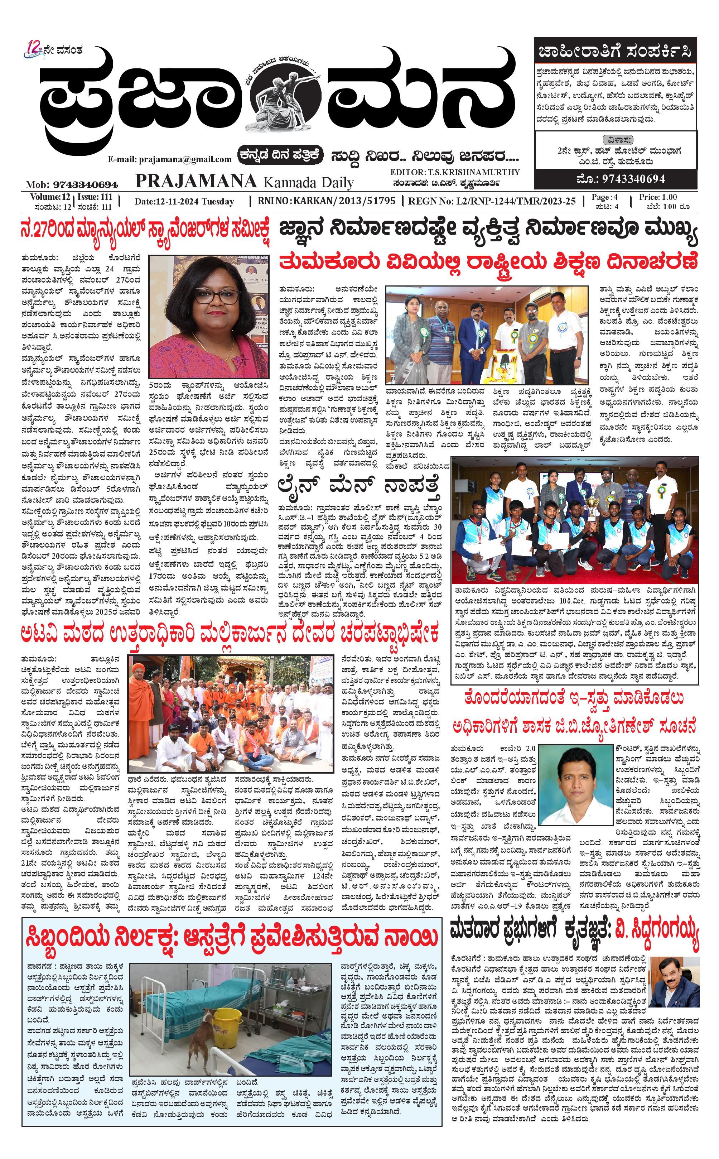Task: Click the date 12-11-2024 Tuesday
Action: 184,201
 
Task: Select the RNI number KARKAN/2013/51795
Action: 344,201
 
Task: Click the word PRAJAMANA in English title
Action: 196,181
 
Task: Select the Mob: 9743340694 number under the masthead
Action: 72,184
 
